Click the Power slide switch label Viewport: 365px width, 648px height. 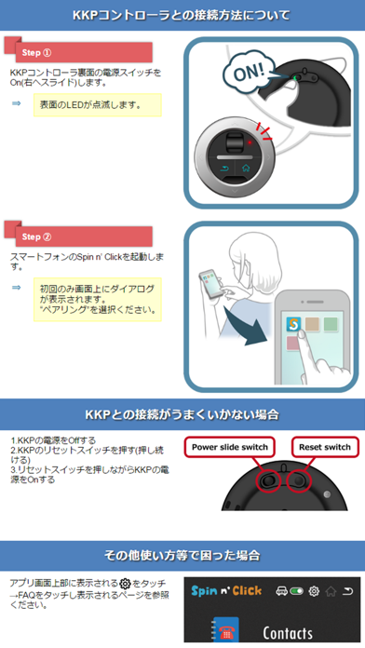click(230, 447)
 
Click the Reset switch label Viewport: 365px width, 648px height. click(325, 447)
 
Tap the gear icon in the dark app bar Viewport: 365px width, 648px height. click(314, 591)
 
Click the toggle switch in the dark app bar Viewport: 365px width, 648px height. click(297, 591)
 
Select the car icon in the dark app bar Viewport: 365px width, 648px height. click(280, 591)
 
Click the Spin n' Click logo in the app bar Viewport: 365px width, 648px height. click(227, 591)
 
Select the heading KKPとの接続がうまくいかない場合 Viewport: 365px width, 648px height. click(182, 412)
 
